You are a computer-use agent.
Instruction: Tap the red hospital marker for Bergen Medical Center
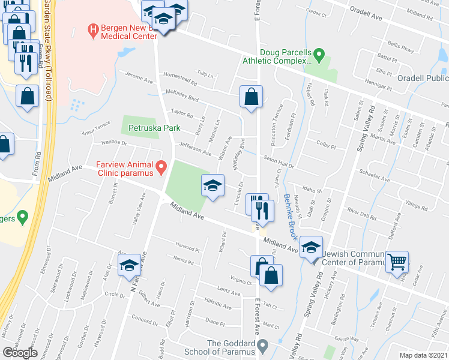click(x=92, y=28)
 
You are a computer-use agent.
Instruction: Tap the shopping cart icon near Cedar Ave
click(x=397, y=262)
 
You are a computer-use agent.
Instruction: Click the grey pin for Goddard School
click(x=262, y=346)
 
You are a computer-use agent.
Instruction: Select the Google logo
click(x=20, y=352)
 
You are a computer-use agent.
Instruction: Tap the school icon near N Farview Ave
click(x=129, y=266)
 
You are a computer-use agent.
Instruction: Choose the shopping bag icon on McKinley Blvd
click(x=251, y=97)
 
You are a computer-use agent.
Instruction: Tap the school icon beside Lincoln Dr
click(x=212, y=186)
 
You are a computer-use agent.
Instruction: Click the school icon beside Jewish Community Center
click(x=311, y=248)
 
